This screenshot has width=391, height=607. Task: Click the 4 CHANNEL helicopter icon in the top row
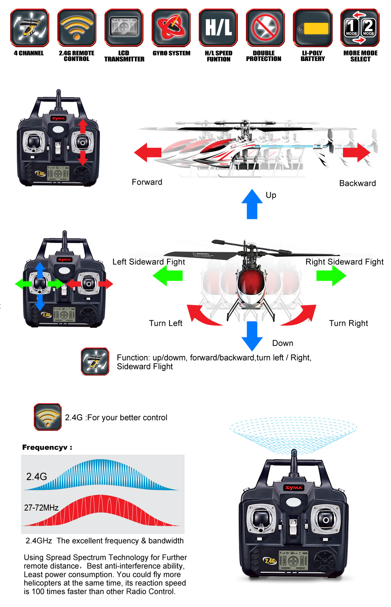[30, 28]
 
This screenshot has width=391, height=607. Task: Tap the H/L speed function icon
[218, 28]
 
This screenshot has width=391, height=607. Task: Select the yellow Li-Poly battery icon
[313, 28]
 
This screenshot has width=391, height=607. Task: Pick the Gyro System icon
[171, 28]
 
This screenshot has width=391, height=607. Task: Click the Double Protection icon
[265, 28]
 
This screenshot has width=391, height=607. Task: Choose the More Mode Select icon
[360, 28]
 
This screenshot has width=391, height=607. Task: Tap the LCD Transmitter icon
[124, 28]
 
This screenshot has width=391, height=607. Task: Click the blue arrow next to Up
[252, 204]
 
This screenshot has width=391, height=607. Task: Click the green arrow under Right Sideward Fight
[331, 275]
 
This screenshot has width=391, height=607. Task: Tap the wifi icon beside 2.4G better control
[48, 417]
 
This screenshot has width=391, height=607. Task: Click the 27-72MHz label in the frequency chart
[41, 508]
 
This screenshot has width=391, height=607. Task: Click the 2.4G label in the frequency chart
[37, 476]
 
